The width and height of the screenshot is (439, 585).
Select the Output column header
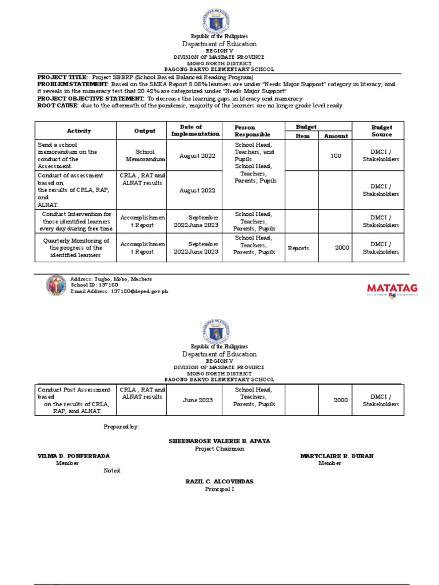pyautogui.click(x=145, y=131)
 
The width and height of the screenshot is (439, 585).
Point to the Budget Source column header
pyautogui.click(x=381, y=131)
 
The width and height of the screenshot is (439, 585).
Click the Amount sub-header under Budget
pyautogui.click(x=336, y=136)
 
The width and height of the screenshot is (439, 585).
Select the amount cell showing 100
pyautogui.click(x=336, y=155)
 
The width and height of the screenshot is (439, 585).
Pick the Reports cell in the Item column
pyautogui.click(x=298, y=249)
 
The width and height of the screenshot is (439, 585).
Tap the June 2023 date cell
pyautogui.click(x=197, y=400)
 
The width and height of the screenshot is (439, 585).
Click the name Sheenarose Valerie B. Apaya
pyautogui.click(x=219, y=441)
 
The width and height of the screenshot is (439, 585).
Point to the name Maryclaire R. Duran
pyautogui.click(x=329, y=456)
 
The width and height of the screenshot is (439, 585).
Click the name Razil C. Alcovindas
pyautogui.click(x=219, y=482)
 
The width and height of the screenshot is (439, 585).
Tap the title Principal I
pyautogui.click(x=219, y=489)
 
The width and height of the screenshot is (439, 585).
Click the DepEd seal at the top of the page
pyautogui.click(x=219, y=23)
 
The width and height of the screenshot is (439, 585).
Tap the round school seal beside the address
pyautogui.click(x=57, y=285)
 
